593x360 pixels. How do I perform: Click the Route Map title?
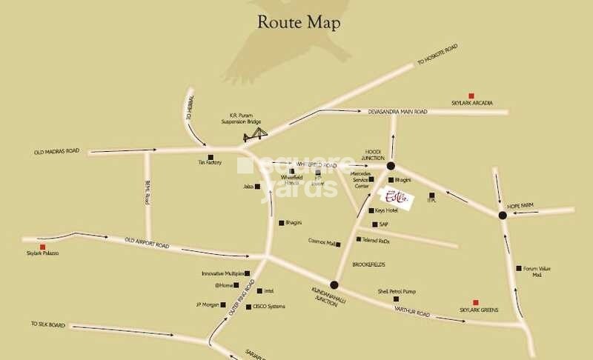coord(299,23)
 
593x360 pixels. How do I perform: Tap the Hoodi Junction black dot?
coord(391,167)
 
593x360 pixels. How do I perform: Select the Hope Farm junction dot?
coord(502,216)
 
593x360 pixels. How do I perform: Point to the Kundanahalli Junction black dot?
coord(334,284)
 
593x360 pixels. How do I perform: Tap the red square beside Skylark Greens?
coord(475,302)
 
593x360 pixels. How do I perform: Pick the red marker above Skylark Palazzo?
coord(42,247)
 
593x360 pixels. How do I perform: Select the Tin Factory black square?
coord(211,156)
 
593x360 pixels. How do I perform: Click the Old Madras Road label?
coord(56,152)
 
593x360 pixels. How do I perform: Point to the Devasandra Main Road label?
coord(398,112)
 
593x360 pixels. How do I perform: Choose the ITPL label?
coord(431,201)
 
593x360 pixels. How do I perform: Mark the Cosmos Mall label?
coord(322,241)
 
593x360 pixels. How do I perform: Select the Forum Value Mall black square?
coord(518,268)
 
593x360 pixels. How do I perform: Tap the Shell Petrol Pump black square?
coord(406,299)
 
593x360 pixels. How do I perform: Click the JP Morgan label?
coord(208,304)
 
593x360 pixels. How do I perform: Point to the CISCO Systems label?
coord(269,307)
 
